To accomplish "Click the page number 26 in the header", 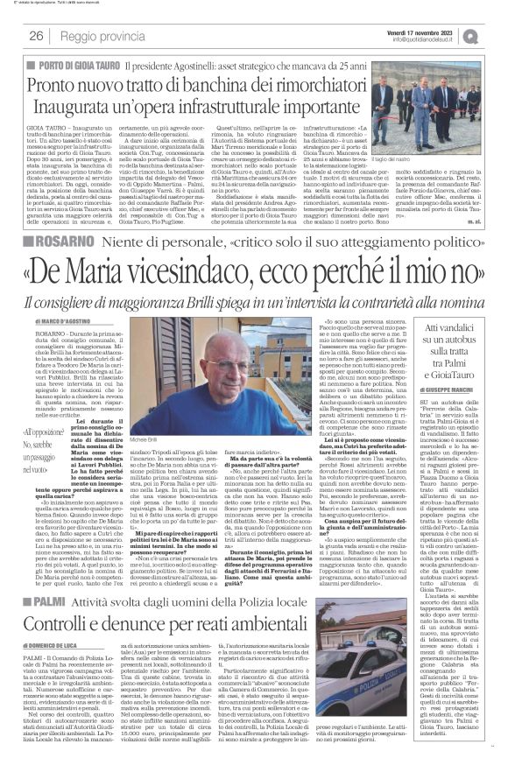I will [x=36, y=35].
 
